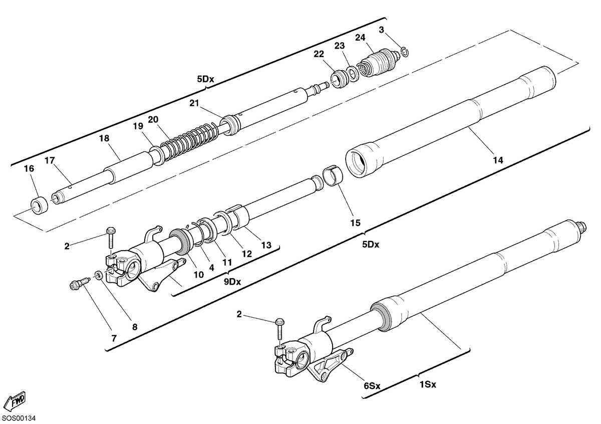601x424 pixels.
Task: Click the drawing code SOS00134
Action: click(19, 418)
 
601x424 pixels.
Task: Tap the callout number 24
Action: click(360, 38)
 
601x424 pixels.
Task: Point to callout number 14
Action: click(498, 160)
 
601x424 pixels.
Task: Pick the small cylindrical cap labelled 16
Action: click(40, 205)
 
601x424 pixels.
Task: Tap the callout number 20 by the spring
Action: click(153, 119)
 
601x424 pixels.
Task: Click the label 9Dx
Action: click(232, 282)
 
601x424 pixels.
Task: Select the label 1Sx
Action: click(428, 385)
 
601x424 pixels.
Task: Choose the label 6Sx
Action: click(372, 386)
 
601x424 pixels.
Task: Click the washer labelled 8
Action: click(98, 276)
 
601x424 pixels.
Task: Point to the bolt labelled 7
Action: click(80, 283)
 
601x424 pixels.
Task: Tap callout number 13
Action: click(266, 245)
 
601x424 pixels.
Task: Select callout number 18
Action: click(104, 138)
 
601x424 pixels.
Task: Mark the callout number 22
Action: click(319, 54)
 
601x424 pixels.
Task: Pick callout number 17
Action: click(50, 160)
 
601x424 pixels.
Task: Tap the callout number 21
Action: click(194, 103)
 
